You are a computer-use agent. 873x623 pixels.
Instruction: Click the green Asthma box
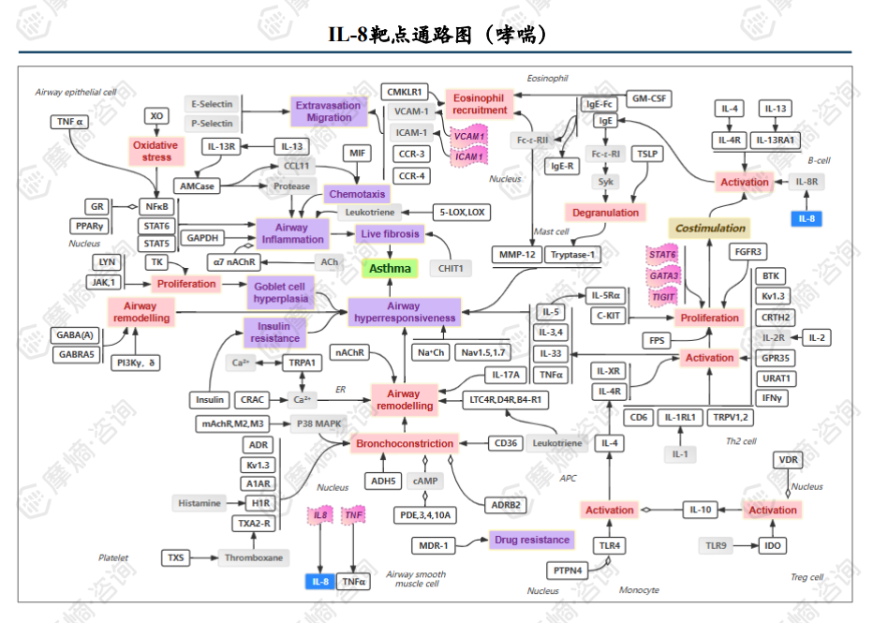coord(390,269)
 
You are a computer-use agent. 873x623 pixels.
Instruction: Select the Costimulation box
coord(710,228)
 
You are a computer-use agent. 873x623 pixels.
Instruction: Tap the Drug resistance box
coord(531,540)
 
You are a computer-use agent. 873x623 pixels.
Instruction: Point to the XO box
coord(156,115)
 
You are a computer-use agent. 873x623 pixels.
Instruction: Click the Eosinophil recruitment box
coord(479,104)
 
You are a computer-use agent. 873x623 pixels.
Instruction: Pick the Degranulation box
coord(605,213)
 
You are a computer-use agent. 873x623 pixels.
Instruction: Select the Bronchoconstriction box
coord(405,443)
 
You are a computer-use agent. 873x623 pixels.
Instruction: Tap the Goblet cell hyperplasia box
coord(278,293)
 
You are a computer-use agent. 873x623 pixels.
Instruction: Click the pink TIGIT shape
coord(664,296)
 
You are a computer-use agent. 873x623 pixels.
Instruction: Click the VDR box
coord(787,460)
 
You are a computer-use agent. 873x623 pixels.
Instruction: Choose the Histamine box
coord(200,503)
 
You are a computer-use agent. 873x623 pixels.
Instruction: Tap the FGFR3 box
coord(748,252)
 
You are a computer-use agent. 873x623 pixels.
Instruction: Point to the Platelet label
coord(113,557)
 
